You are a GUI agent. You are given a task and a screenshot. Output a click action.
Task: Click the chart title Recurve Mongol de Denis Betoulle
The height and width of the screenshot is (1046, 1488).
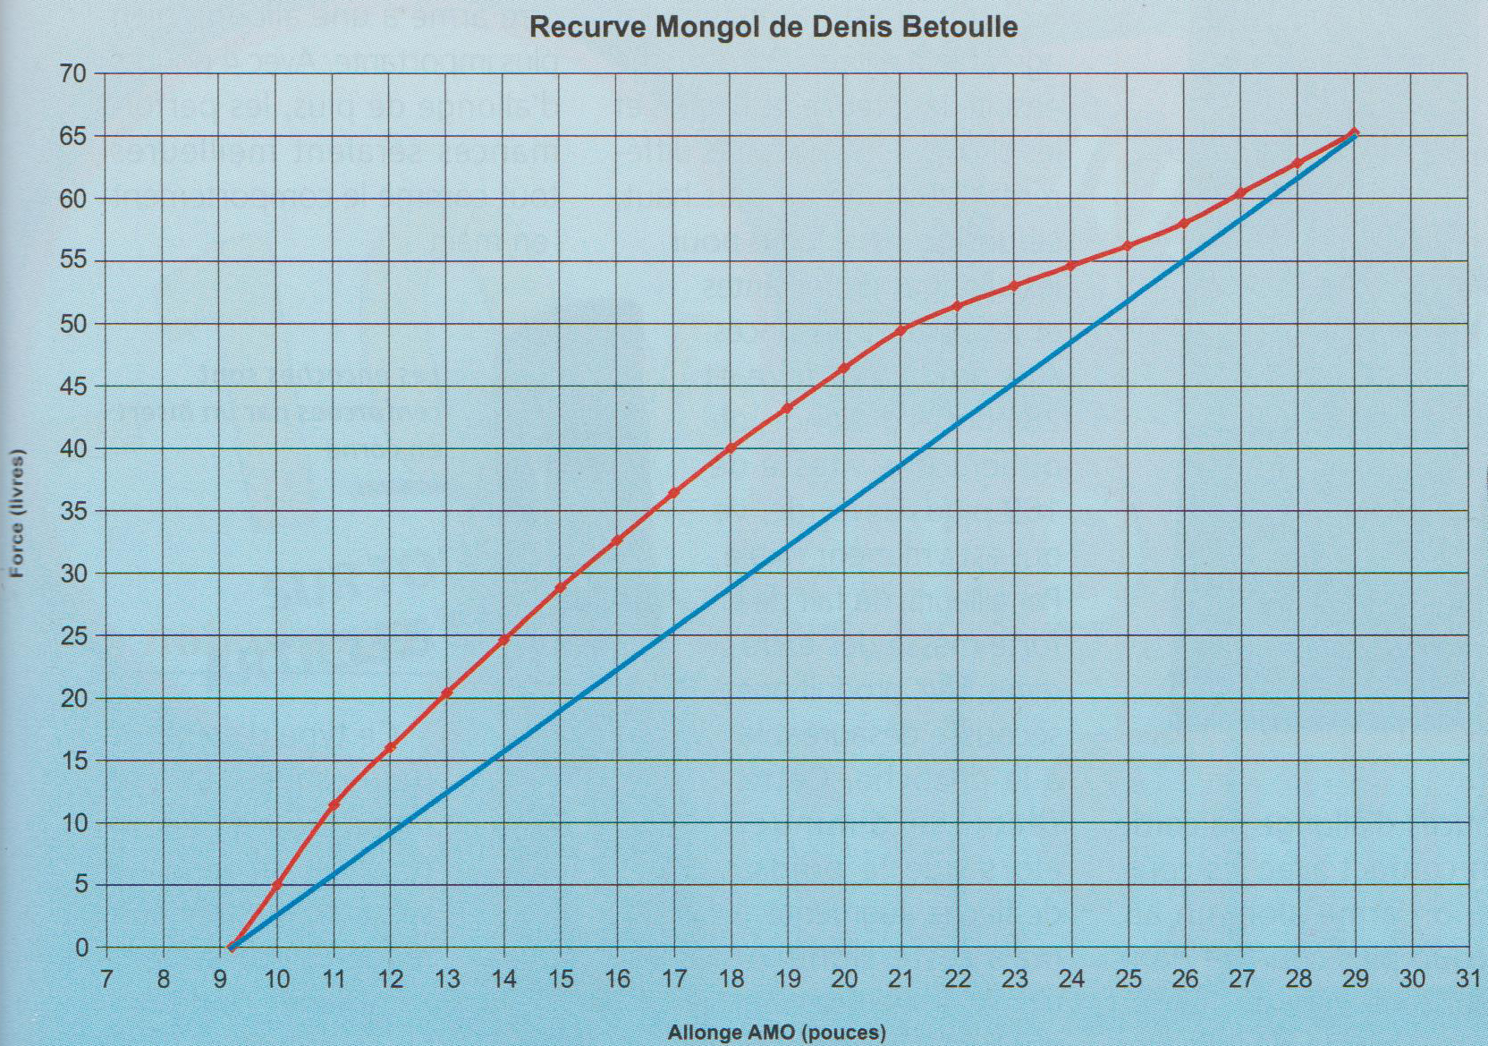coord(774,27)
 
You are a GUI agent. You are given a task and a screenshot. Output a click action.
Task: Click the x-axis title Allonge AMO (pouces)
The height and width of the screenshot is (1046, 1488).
coord(776,1033)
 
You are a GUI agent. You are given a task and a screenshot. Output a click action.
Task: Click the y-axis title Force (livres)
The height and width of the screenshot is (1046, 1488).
coord(18,513)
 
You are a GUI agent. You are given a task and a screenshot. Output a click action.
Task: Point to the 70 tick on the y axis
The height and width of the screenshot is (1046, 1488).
coord(75,74)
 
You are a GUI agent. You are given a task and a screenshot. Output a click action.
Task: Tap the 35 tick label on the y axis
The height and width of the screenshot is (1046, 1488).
coord(75,511)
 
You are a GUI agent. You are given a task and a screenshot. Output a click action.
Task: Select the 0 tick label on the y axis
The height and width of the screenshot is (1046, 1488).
coord(82,948)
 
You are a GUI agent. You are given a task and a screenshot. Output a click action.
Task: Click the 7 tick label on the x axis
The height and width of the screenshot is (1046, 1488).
coord(106,979)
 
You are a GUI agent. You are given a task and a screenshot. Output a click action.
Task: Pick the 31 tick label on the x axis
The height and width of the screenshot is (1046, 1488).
coord(1467,979)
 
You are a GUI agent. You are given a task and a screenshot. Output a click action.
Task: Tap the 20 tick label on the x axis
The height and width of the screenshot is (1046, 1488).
coord(843,979)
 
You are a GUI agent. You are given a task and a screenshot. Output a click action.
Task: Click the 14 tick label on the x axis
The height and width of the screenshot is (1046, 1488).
coord(503,979)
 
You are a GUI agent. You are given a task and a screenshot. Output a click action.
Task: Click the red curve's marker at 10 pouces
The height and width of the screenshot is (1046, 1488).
coord(277,885)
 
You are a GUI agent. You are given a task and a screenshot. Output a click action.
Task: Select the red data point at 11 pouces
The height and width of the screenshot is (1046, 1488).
coord(334,805)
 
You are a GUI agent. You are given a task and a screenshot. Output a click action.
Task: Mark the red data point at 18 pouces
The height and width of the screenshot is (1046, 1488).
coord(731,447)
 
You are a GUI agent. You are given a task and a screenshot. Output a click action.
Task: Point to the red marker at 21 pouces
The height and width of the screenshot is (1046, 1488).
coord(900,330)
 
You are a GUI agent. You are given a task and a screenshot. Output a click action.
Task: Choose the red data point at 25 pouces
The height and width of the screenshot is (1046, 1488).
coord(1128,246)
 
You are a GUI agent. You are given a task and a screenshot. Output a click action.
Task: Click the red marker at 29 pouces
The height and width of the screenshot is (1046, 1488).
coord(1354,132)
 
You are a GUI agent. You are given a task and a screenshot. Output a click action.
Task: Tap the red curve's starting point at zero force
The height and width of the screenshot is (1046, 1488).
coord(232,947)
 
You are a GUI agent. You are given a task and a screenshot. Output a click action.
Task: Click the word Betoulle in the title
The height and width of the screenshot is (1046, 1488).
coord(961,27)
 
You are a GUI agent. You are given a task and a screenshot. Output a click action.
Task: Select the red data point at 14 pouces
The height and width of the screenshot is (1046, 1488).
coord(503,640)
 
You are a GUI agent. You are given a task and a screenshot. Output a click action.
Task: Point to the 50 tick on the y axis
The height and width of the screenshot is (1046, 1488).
coord(75,324)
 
